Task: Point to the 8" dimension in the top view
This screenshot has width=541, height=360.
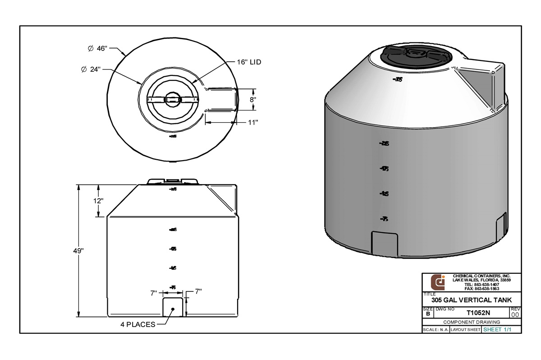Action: click(253, 99)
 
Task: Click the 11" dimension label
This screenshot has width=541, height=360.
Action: click(252, 122)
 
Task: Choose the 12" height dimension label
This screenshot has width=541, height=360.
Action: click(98, 200)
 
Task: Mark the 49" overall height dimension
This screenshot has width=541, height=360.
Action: click(79, 251)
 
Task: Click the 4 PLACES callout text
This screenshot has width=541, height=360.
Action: click(137, 324)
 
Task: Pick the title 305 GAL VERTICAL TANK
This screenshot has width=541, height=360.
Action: click(471, 300)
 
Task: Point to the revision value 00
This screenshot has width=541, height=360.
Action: click(515, 314)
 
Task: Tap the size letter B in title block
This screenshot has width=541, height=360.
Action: click(427, 313)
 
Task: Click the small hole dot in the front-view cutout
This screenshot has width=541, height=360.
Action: click(173, 309)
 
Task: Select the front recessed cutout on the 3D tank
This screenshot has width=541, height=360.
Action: click(384, 244)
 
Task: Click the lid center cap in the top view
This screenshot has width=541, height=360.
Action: click(172, 100)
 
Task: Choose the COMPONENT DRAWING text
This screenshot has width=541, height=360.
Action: click(472, 322)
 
